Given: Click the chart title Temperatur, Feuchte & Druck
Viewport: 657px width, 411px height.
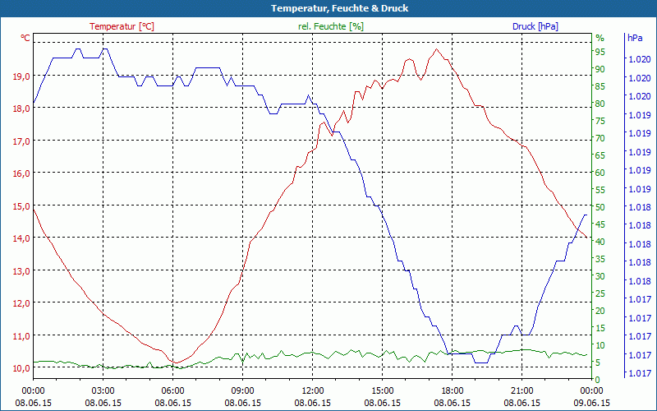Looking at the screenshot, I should pyautogui.click(x=328, y=8).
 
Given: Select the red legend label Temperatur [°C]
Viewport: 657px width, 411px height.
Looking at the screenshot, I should pyautogui.click(x=122, y=26).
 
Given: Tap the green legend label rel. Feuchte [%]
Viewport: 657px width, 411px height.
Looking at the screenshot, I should pyautogui.click(x=331, y=26).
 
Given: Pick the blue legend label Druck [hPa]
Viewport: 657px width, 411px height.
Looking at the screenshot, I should pyautogui.click(x=535, y=26).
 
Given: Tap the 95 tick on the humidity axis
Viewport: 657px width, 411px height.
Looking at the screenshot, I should pyautogui.click(x=600, y=52).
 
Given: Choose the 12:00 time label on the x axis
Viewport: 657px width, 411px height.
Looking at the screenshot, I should pyautogui.click(x=313, y=390).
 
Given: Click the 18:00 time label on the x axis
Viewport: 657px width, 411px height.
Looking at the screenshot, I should pyautogui.click(x=453, y=390).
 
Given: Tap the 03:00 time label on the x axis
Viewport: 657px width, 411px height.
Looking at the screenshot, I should pyautogui.click(x=103, y=390).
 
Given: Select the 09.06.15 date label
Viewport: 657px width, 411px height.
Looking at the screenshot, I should pyautogui.click(x=591, y=403).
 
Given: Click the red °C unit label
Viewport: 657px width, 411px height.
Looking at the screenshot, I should pyautogui.click(x=25, y=38).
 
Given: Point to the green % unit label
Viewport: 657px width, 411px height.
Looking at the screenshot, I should pyautogui.click(x=600, y=38).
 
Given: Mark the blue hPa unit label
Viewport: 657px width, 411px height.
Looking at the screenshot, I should pyautogui.click(x=634, y=38).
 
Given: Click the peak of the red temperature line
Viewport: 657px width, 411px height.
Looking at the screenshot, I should pyautogui.click(x=436, y=49).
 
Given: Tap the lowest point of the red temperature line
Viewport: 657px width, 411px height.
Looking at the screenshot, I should pyautogui.click(x=174, y=363).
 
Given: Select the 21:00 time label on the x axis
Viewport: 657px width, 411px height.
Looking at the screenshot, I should pyautogui.click(x=522, y=390).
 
